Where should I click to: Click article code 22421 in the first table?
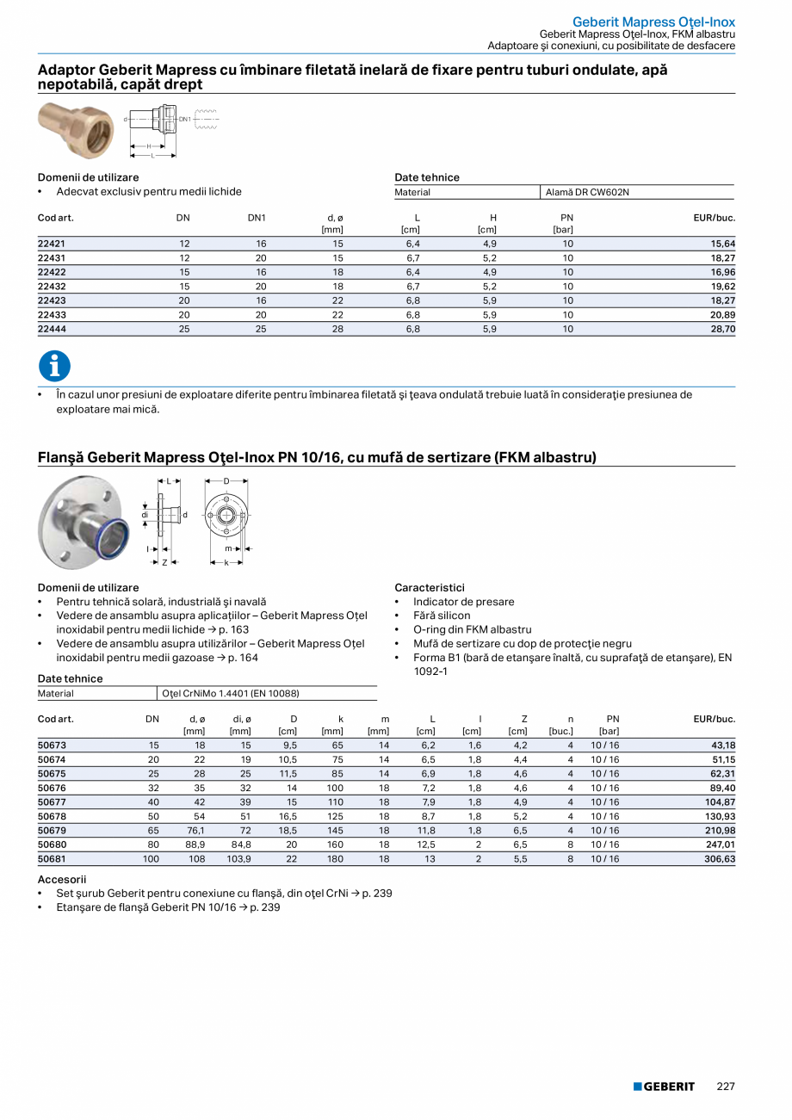(52, 244)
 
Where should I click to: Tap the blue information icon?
(54, 367)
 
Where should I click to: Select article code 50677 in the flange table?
(52, 801)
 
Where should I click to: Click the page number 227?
(726, 1086)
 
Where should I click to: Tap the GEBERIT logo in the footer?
(664, 1086)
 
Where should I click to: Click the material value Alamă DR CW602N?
(587, 192)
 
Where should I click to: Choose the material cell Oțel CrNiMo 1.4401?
(230, 693)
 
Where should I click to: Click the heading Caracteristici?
(430, 588)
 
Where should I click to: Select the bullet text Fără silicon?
(442, 616)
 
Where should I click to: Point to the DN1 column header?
(257, 218)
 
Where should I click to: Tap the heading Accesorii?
(62, 879)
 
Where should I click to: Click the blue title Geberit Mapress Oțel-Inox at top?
(653, 21)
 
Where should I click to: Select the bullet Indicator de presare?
(463, 602)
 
